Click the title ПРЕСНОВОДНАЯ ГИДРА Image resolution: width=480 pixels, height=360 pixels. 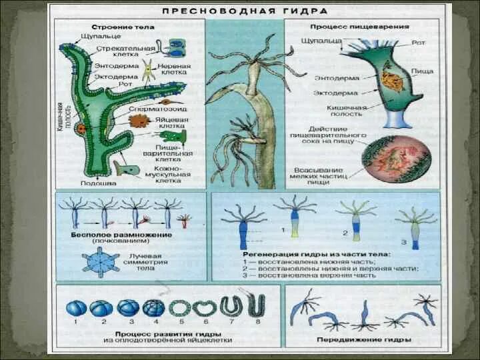click(x=246, y=11)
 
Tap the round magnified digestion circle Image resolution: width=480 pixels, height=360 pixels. click(x=395, y=159)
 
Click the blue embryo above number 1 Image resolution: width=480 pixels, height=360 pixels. click(x=76, y=308)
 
